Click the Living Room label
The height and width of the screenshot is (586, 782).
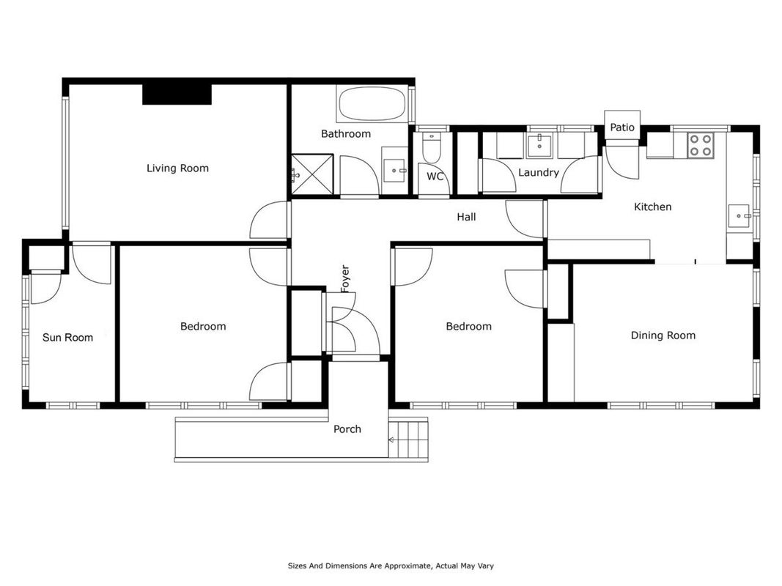[x=177, y=168]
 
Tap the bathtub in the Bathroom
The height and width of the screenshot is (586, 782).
[x=372, y=103]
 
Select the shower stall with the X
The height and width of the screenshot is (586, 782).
[x=312, y=174]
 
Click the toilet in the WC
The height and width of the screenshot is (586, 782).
[x=432, y=147]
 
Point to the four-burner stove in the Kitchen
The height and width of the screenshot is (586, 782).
[x=700, y=145]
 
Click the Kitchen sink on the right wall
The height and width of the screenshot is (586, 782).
[x=739, y=216]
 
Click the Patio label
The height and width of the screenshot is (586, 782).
[x=622, y=127]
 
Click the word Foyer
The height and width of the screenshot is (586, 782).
[x=345, y=278]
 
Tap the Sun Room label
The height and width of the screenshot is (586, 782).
[x=68, y=338]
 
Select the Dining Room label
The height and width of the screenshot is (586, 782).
[x=663, y=335]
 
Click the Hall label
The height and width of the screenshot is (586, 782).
[x=466, y=217]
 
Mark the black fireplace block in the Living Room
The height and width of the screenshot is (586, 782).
[x=177, y=94]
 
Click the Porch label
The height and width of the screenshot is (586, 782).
[x=347, y=429]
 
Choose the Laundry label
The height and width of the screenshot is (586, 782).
[x=538, y=173]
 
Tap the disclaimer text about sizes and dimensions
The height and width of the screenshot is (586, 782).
[x=391, y=565]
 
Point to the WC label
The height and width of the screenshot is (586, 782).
[x=435, y=177]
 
